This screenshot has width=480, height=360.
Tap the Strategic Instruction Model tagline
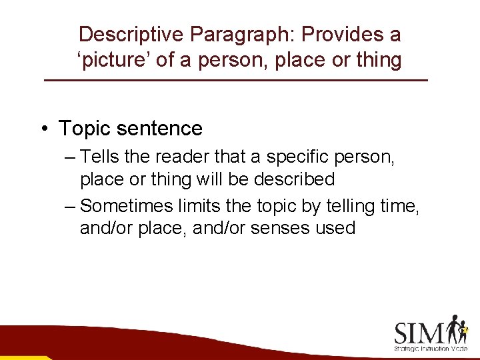(430, 349)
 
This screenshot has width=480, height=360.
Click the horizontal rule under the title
(235, 81)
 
